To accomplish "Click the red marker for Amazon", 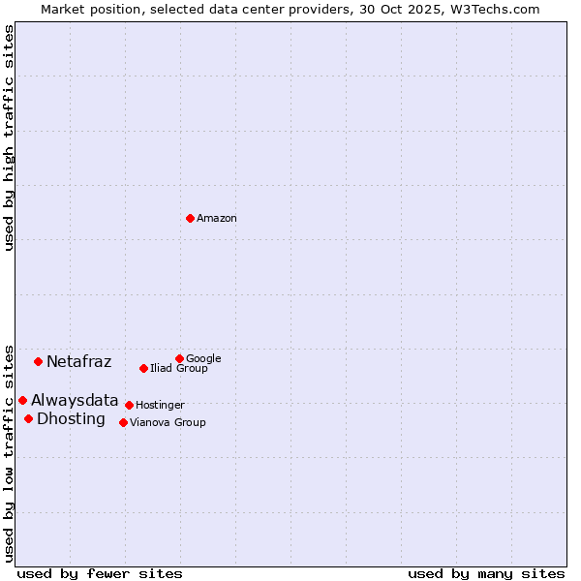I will pos(190,218).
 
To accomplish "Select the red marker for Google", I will pos(179,358).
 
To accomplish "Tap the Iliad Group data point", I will pos(143,368).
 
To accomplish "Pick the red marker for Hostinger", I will pos(129,405).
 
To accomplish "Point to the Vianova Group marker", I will pos(123,422).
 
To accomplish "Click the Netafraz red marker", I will pos(38,361).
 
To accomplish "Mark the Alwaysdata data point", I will pos(22,400).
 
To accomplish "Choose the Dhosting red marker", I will pos(28,418).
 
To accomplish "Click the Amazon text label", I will pos(217,219).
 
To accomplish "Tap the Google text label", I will pos(203,358).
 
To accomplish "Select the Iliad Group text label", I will pos(179,369).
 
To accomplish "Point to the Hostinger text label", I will pos(160,405).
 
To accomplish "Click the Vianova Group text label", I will pos(168,423).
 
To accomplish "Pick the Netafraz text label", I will pos(79,362).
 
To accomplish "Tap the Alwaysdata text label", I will pos(75,400).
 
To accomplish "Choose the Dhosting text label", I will pos(71,419).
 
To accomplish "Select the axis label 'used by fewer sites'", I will pos(100,573).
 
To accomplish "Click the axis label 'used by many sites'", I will pos(486,573).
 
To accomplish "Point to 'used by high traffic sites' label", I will pos(9,138).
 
